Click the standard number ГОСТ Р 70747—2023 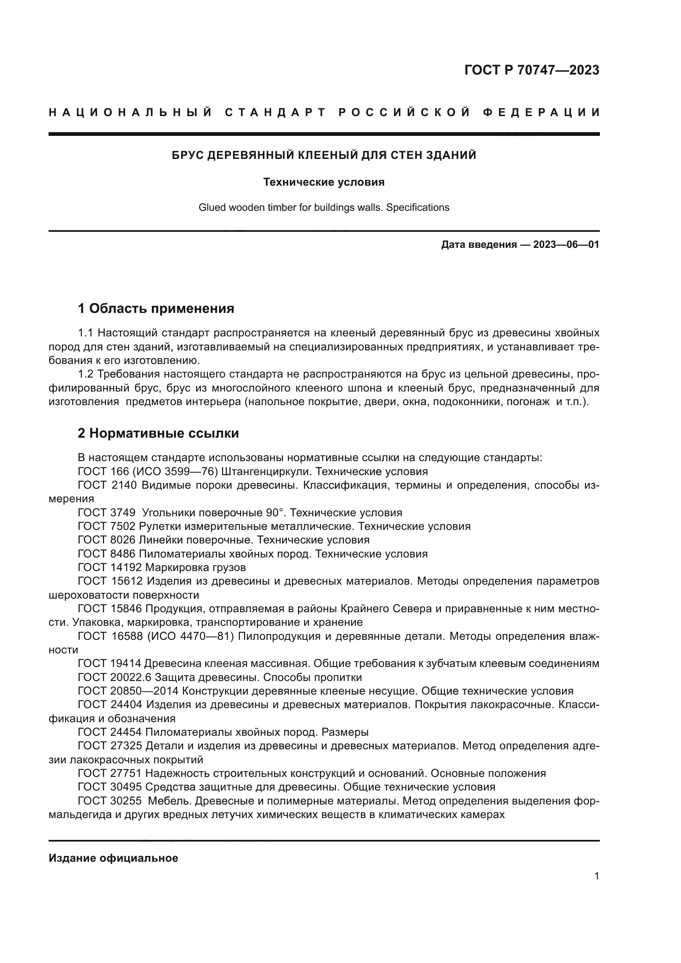pyautogui.click(x=531, y=70)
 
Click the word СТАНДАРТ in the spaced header pyautogui.click(x=275, y=112)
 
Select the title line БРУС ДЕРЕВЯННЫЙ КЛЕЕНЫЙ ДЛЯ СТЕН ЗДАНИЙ pyautogui.click(x=324, y=155)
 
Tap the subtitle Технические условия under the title pyautogui.click(x=324, y=182)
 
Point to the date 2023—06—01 pyautogui.click(x=566, y=245)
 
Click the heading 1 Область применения pyautogui.click(x=156, y=309)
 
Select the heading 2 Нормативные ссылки pyautogui.click(x=158, y=433)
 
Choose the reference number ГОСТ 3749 pyautogui.click(x=107, y=513)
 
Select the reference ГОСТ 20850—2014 pyautogui.click(x=128, y=691)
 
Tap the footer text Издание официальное pyautogui.click(x=113, y=858)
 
